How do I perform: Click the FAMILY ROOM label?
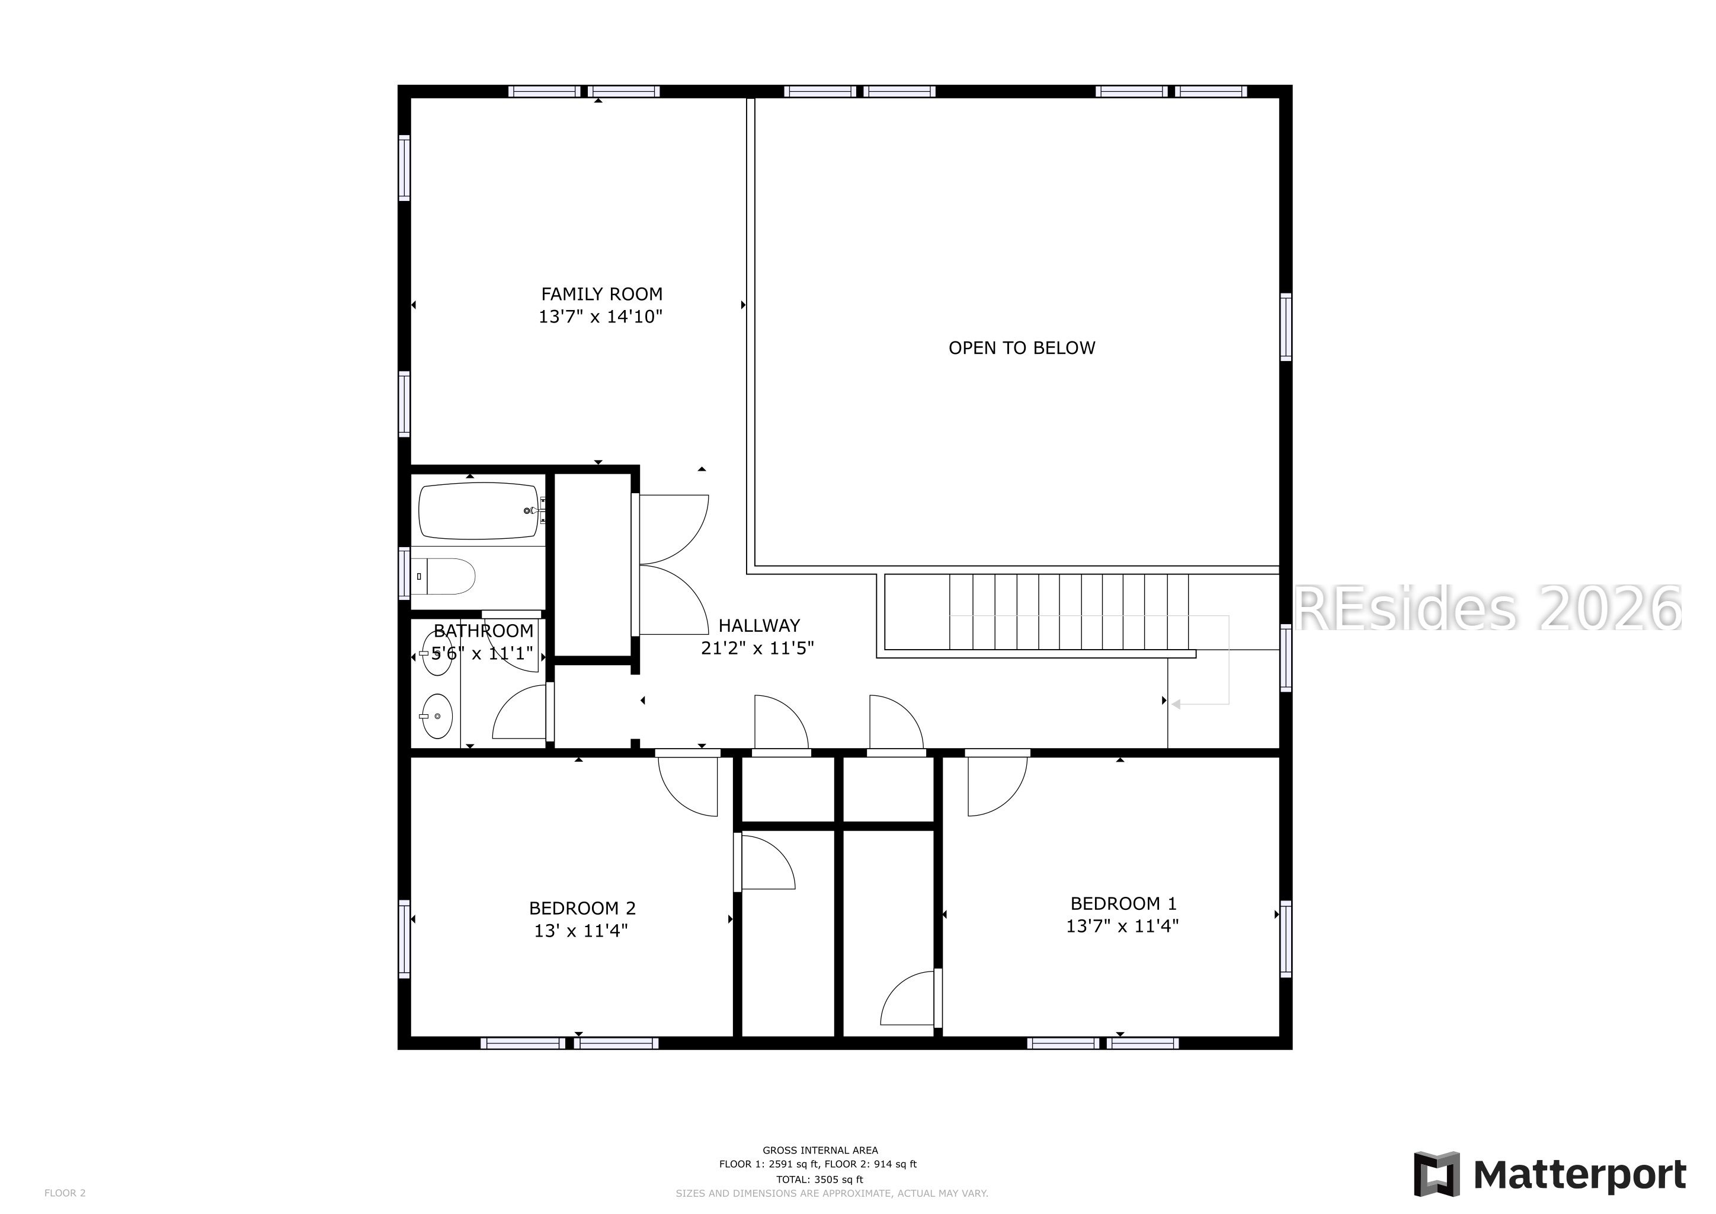point(601,294)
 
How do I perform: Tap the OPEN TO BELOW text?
point(1021,347)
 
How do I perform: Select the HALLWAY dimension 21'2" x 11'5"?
point(757,648)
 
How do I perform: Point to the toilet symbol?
point(443,576)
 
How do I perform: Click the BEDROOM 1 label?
point(1123,903)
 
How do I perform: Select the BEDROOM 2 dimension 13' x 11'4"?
point(581,931)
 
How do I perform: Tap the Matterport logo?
point(1550,1174)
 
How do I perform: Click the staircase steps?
point(1069,612)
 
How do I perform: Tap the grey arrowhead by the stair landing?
point(1176,704)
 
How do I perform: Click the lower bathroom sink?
point(437,716)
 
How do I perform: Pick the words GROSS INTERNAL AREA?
point(820,1151)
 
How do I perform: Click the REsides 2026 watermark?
point(1487,608)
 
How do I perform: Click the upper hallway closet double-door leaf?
point(673,529)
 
